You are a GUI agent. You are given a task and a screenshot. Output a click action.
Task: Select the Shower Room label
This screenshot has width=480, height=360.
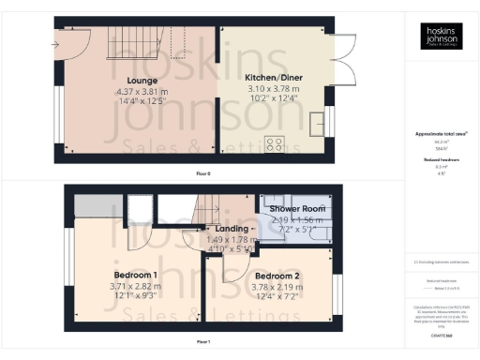tap(296, 208)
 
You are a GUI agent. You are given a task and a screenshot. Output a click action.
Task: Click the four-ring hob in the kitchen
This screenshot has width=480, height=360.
tap(276, 143)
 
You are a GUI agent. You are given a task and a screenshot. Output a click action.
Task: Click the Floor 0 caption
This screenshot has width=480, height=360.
tap(202, 173)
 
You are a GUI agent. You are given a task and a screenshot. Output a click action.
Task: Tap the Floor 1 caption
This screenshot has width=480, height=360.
tap(202, 342)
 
